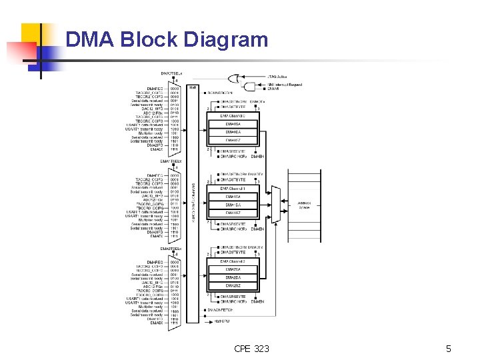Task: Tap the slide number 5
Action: (449, 348)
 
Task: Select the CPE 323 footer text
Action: (251, 348)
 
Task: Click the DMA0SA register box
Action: (233, 124)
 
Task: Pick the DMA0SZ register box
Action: (233, 140)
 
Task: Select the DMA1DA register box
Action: (233, 205)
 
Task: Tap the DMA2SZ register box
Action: (233, 286)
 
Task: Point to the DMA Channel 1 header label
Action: (233, 189)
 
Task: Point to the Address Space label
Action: (303, 205)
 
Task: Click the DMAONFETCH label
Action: (221, 310)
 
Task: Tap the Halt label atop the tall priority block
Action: (192, 87)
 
